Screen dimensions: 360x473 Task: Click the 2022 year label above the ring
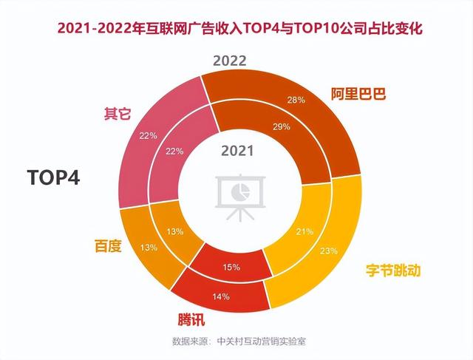click(230, 61)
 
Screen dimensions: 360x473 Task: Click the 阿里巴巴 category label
click(359, 94)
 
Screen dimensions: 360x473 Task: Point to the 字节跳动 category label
click(394, 271)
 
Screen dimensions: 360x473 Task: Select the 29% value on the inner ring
click(281, 127)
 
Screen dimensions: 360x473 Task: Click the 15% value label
click(231, 268)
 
